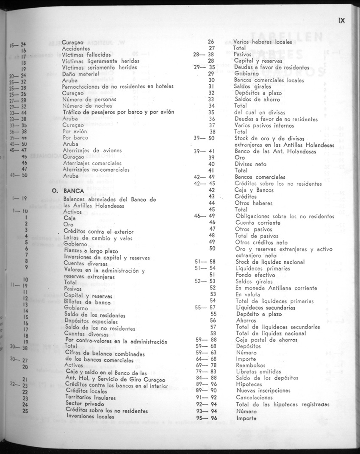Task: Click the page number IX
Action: pos(342,20)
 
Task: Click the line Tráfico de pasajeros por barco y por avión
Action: pos(118,112)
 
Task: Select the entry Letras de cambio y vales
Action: pos(92,238)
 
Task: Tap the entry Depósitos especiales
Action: pos(91,321)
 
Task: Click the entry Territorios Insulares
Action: pos(91,397)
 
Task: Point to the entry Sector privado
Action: pos(85,404)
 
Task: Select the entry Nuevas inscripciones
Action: pos(263,391)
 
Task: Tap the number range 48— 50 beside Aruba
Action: pos(19,175)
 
